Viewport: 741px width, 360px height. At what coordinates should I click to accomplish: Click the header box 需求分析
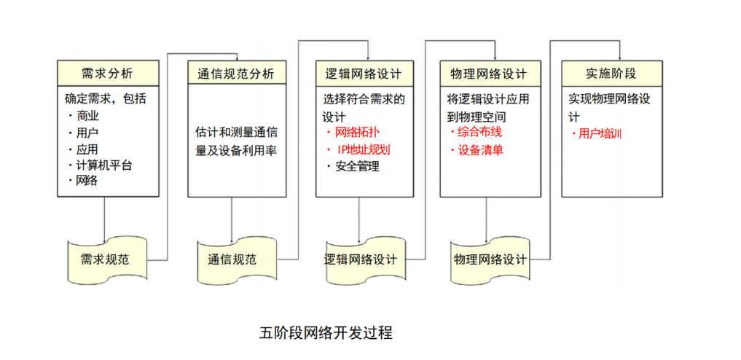pos(108,73)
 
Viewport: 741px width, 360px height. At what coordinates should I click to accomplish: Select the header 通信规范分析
pos(236,73)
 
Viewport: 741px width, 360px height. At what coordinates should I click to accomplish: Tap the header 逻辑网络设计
pos(364,73)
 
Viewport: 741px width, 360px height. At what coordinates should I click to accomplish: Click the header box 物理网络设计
pos(490,73)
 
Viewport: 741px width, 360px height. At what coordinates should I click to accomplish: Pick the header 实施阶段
pos(611,73)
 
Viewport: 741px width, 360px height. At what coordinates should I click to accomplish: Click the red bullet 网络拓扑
pos(356,133)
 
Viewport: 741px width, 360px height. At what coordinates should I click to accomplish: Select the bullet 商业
pos(87,116)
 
